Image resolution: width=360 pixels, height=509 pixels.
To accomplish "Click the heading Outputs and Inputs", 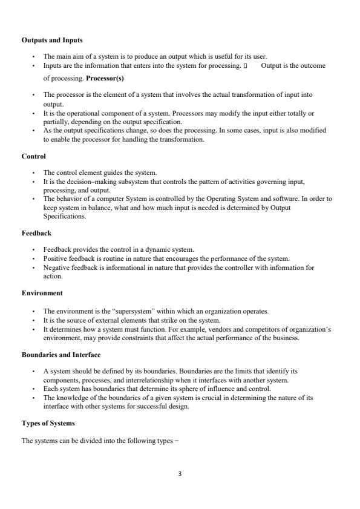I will pyautogui.click(x=52, y=40).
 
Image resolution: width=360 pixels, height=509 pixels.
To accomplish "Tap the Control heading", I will pyautogui.click(x=34, y=156).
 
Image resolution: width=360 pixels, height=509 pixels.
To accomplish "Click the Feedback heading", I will pyautogui.click(x=36, y=233).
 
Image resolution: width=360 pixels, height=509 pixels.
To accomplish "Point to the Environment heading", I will pyautogui.click(x=42, y=293).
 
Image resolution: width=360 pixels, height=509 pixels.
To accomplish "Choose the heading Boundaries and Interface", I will pyautogui.click(x=61, y=354).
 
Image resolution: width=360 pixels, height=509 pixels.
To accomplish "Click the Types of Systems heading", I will pyautogui.click(x=48, y=424).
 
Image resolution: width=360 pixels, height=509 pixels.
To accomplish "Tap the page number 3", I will pyautogui.click(x=180, y=473).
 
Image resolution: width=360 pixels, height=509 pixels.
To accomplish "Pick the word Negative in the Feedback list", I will pyautogui.click(x=55, y=267).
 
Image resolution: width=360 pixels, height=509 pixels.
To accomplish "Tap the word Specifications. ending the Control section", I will pyautogui.click(x=64, y=215).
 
